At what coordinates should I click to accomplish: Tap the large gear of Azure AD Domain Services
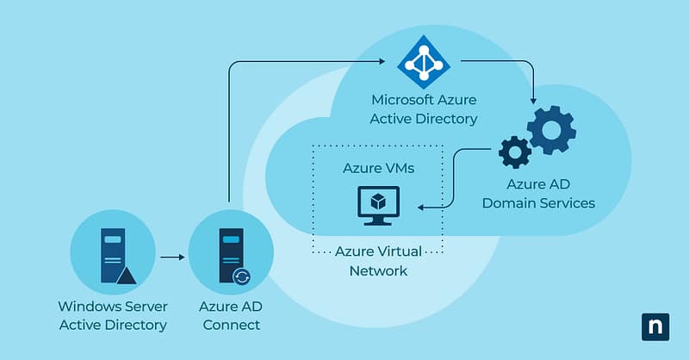pyautogui.click(x=551, y=128)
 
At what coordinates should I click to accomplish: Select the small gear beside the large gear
pyautogui.click(x=515, y=152)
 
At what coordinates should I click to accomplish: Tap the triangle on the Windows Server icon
pyautogui.click(x=127, y=275)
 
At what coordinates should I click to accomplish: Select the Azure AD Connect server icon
pyautogui.click(x=230, y=255)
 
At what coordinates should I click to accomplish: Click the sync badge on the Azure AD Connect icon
pyautogui.click(x=243, y=276)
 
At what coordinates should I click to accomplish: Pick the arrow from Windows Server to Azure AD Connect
pyautogui.click(x=172, y=257)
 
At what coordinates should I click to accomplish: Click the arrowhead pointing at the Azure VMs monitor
pyautogui.click(x=419, y=208)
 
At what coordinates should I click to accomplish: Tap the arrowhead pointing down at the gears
pyautogui.click(x=535, y=97)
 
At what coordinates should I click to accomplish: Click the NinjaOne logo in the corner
pyautogui.click(x=655, y=327)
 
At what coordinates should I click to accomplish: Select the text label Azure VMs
pyautogui.click(x=378, y=168)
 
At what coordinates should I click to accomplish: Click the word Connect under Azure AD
pyautogui.click(x=230, y=325)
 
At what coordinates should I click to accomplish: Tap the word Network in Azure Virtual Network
pyautogui.click(x=378, y=270)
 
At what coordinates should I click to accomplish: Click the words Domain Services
pyautogui.click(x=538, y=203)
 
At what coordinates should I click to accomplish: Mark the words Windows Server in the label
pyautogui.click(x=113, y=306)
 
